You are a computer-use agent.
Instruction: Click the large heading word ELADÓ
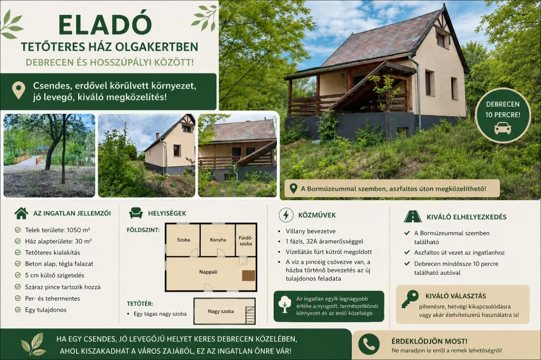click(x=105, y=24)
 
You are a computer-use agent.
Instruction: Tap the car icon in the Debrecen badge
click(x=502, y=129)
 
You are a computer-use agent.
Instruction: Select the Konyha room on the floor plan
click(x=218, y=240)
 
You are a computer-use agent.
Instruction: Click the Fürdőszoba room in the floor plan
click(x=246, y=240)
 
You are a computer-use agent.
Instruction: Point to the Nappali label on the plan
click(x=208, y=272)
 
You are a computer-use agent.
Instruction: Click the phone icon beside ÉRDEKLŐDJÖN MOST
click(x=368, y=344)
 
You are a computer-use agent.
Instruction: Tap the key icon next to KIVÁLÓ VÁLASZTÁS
click(x=409, y=299)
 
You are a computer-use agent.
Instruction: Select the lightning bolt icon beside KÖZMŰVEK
click(x=286, y=215)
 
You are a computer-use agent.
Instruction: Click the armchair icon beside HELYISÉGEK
click(x=136, y=213)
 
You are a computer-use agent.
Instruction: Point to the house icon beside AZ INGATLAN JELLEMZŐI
click(x=21, y=213)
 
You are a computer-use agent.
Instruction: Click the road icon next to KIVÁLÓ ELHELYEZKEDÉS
click(x=412, y=216)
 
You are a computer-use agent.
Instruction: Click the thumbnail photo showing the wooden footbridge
click(x=49, y=156)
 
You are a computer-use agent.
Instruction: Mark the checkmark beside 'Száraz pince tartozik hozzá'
click(x=17, y=287)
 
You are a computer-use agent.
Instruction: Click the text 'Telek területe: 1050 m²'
click(x=57, y=230)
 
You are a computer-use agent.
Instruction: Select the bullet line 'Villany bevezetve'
click(x=311, y=231)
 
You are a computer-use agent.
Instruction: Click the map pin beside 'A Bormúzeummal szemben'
click(x=293, y=188)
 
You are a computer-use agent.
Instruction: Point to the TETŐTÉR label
click(x=139, y=304)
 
